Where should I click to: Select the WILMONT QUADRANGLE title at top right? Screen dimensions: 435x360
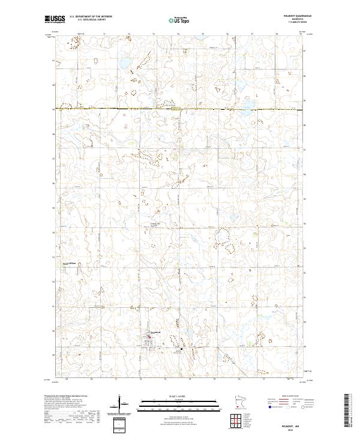[x=288, y=16]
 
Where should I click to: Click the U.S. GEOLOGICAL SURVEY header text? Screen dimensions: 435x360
[x=91, y=19]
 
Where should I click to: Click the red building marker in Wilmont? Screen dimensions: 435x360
[x=149, y=343]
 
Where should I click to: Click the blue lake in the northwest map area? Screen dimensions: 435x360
[x=126, y=63]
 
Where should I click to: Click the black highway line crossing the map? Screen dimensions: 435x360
[x=180, y=109]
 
